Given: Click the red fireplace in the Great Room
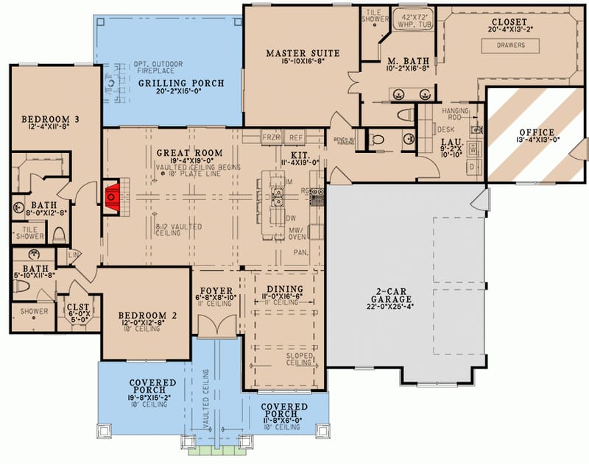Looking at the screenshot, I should (x=113, y=197).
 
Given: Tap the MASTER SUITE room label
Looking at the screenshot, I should (x=303, y=53).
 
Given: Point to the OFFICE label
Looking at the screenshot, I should (x=535, y=132).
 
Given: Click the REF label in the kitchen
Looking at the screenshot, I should (x=295, y=138).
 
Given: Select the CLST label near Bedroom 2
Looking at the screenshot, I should (x=78, y=308).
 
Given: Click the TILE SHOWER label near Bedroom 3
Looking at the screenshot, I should (x=28, y=233).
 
